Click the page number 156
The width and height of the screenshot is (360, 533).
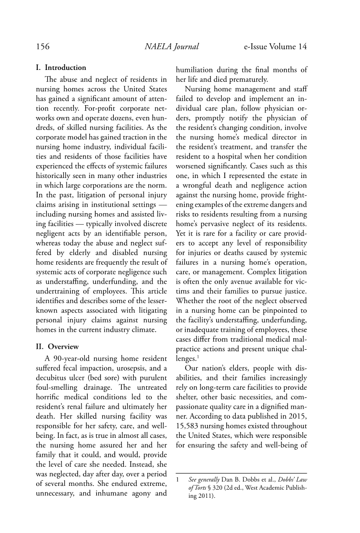click(43, 47)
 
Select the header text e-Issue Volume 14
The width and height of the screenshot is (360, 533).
click(275, 47)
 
